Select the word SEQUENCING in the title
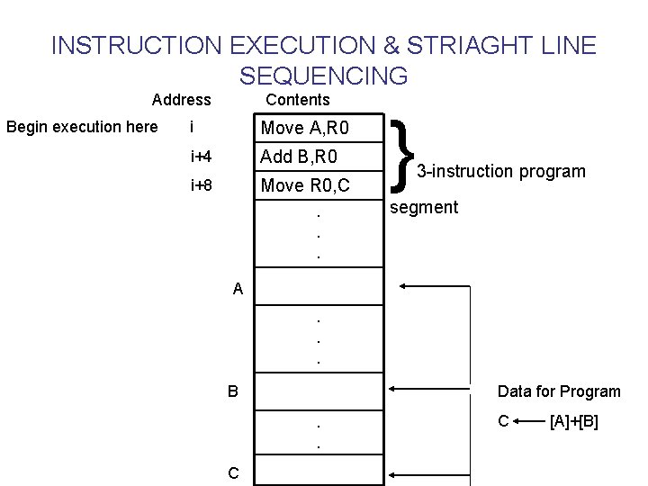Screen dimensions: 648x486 324,75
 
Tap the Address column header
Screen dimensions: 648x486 182,100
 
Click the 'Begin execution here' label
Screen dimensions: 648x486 82,127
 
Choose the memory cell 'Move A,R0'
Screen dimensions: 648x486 305,129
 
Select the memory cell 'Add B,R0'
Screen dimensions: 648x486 300,157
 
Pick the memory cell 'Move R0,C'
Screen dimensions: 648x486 305,186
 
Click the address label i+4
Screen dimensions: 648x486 202,157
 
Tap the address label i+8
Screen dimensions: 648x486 202,186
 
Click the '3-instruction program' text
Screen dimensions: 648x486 500,171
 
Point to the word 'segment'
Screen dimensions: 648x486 423,208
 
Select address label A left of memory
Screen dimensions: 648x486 238,289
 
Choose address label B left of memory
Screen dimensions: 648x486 233,391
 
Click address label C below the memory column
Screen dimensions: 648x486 233,472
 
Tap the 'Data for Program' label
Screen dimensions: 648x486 559,391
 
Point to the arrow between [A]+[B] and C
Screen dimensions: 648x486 531,421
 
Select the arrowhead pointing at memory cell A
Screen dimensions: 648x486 403,286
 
